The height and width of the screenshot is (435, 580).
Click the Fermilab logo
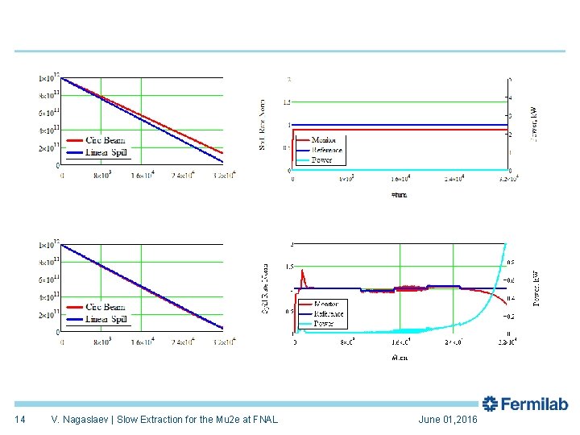click(x=525, y=404)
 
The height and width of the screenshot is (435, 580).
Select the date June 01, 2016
click(x=448, y=420)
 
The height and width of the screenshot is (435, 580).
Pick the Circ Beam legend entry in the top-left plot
click(x=105, y=140)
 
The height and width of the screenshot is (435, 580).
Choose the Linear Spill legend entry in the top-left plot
click(x=106, y=151)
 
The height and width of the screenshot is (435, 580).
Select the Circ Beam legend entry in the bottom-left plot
click(x=105, y=307)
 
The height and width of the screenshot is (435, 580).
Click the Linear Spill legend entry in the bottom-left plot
click(x=106, y=318)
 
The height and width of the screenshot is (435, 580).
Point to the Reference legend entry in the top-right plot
click(x=326, y=150)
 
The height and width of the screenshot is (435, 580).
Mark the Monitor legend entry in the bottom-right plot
click(x=325, y=304)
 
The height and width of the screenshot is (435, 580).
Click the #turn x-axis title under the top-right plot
click(x=400, y=194)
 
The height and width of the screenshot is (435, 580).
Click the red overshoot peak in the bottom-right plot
click(x=302, y=272)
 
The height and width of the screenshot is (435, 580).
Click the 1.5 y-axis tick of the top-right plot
click(x=286, y=102)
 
